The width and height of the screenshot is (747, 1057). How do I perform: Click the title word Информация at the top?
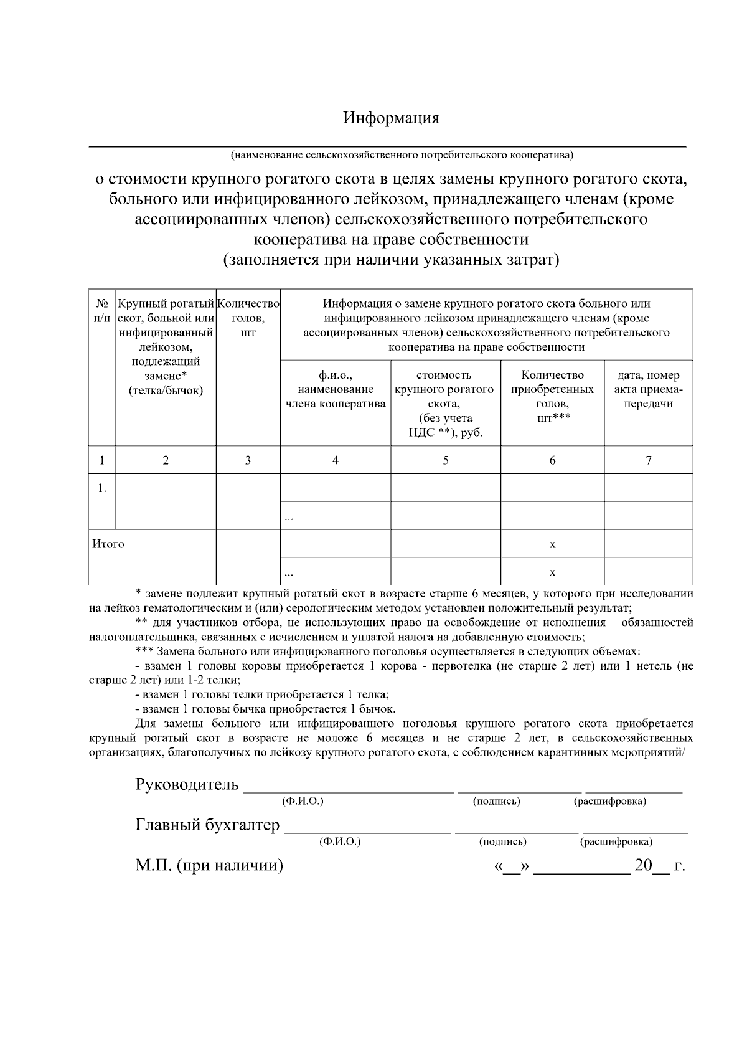[x=391, y=118]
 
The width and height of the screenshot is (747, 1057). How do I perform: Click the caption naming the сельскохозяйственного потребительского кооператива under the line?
[x=402, y=154]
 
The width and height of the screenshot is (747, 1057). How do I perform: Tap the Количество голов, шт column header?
[x=248, y=318]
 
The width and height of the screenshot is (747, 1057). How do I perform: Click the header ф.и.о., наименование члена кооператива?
[x=336, y=389]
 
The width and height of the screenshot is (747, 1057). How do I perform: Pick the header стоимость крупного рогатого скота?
[x=445, y=404]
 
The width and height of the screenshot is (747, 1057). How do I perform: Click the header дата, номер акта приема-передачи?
[x=648, y=389]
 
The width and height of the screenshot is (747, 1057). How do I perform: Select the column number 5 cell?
[x=446, y=460]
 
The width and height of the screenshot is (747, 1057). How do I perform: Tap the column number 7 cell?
[x=648, y=460]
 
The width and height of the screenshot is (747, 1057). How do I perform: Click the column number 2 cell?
[x=166, y=460]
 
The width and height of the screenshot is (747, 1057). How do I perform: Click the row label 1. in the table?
[x=102, y=488]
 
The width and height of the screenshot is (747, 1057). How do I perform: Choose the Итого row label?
[x=108, y=544]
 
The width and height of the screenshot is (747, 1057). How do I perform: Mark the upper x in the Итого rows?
[x=552, y=544]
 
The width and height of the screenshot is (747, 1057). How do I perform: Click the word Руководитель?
[x=187, y=784]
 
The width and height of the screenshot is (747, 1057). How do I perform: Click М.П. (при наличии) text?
[x=209, y=865]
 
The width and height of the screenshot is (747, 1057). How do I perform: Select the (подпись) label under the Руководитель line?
[x=496, y=801]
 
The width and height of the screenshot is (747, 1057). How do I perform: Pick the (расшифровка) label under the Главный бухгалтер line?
[x=616, y=841]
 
